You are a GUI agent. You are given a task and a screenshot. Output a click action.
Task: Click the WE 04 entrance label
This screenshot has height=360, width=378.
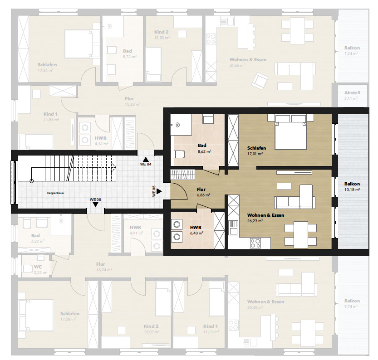click(145, 164)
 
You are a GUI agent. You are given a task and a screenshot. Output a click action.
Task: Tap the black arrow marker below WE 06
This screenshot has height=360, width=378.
click(95, 204)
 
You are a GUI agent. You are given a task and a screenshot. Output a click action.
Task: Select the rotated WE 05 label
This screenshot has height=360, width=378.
click(154, 191)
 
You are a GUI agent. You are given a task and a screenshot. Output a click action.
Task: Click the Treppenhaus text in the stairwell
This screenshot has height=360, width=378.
click(54, 193)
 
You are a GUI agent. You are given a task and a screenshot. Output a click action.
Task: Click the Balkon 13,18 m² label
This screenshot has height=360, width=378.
click(352, 186)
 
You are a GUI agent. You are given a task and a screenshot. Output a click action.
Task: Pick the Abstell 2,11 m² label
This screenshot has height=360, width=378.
click(352, 95)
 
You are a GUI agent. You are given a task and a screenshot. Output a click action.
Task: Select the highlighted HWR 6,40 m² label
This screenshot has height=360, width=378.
click(196, 230)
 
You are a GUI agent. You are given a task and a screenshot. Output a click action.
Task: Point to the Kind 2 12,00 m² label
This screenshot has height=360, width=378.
click(161, 34)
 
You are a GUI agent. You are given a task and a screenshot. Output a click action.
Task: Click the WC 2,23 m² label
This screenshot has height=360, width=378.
click(38, 269)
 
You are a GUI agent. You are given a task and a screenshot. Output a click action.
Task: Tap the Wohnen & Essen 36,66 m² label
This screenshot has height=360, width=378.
click(247, 62)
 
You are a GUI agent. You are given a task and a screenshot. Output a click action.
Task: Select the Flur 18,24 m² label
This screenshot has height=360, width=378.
click(100, 267)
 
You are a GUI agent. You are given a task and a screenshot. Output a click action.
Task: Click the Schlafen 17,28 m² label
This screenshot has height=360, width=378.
click(70, 316)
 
